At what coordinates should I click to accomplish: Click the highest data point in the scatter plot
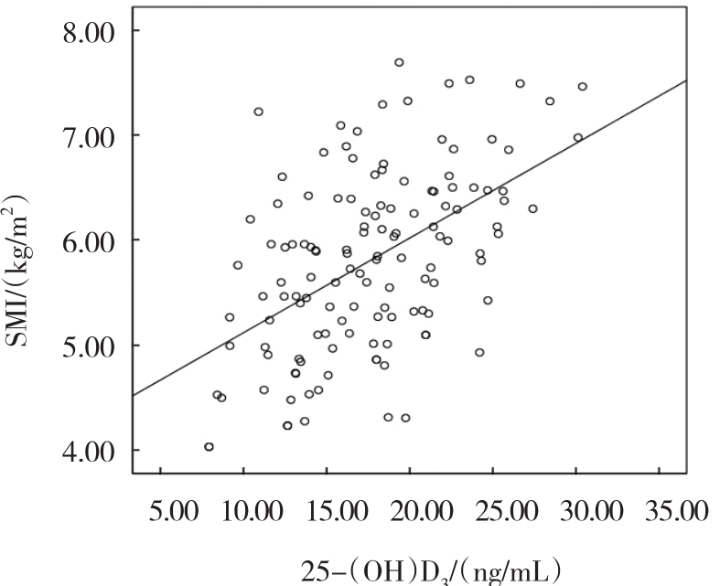click(399, 62)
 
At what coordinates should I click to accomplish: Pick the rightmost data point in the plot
click(582, 87)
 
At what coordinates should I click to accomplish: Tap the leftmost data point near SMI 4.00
click(209, 447)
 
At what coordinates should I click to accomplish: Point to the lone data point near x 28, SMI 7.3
click(550, 101)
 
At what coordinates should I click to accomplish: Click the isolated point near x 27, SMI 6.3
click(532, 208)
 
